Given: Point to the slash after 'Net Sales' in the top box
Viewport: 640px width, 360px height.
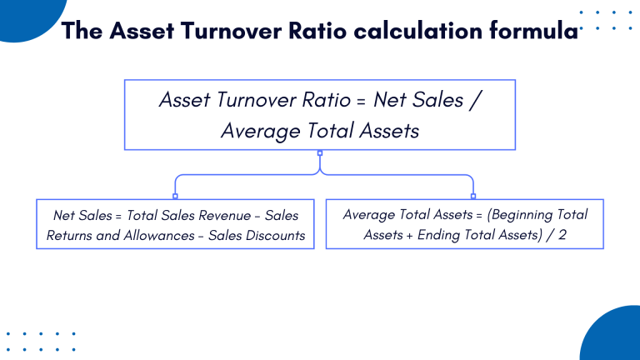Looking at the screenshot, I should tap(475, 101).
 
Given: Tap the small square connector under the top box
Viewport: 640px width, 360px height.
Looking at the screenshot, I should tap(320, 152).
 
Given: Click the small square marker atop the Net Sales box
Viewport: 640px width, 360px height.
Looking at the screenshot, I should tap(175, 196).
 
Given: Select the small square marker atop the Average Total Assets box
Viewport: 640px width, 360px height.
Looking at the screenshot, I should tap(473, 196).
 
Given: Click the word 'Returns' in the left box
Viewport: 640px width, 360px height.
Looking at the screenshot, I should tap(71, 235).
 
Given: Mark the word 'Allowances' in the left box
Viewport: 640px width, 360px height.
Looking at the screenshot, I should tap(158, 235).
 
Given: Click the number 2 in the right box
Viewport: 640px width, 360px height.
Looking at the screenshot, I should tap(562, 235).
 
